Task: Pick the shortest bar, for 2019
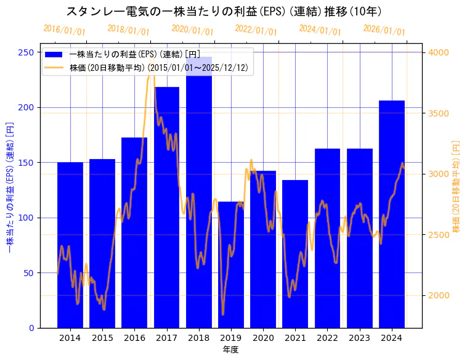pyautogui.click(x=231, y=264)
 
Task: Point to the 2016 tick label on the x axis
pyautogui.click(x=134, y=338)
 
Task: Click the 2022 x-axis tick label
pyautogui.click(x=327, y=338)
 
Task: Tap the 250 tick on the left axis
pyautogui.click(x=26, y=52)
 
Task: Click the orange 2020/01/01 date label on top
pyautogui.click(x=193, y=30)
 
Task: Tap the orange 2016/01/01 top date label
pyautogui.click(x=65, y=30)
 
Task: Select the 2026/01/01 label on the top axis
pyautogui.click(x=384, y=30)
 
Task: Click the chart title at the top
pyautogui.click(x=224, y=11)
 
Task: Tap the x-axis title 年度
pyautogui.click(x=231, y=350)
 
